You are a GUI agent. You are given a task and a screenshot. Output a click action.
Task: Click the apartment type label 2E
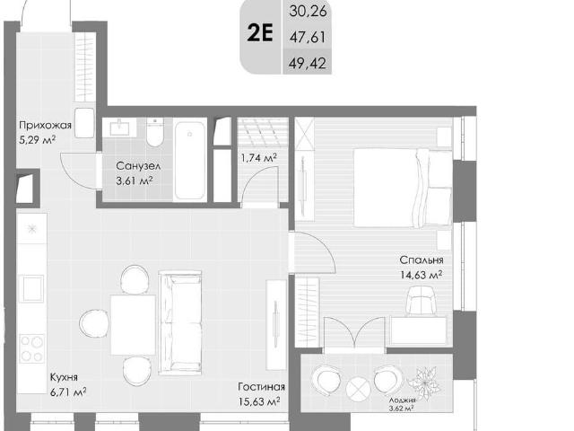pos(260,33)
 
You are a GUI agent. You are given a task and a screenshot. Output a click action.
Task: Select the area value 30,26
pos(308,11)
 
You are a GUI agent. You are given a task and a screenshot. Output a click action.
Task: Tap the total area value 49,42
pos(307,64)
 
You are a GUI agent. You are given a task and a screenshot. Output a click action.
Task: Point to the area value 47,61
pos(308,37)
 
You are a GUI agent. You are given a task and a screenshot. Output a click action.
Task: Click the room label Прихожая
pos(45,126)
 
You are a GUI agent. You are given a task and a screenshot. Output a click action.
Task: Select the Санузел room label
pos(138,166)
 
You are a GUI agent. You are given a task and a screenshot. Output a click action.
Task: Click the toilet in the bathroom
pos(155,132)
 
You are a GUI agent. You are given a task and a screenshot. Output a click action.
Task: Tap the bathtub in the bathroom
pos(189,161)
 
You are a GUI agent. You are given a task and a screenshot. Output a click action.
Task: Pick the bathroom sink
pos(119,128)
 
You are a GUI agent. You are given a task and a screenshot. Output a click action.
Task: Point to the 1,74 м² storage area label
pos(258,158)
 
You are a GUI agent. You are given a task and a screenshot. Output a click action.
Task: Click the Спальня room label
pos(422,259)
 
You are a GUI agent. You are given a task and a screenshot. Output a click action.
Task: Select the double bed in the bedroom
pos(403,188)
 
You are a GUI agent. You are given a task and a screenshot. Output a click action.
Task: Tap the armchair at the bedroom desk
pos(422,301)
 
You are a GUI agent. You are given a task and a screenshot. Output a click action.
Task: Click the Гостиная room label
pos(261,387)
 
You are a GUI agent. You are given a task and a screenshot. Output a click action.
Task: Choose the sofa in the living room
pos(180,323)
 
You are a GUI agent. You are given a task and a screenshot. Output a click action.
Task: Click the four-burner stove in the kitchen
pos(32,348)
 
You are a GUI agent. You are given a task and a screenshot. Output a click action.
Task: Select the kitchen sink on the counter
pos(32,288)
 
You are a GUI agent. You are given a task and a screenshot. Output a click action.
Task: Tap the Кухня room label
pos(64,377)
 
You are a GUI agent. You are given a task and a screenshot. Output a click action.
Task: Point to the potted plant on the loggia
pos(424,383)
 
